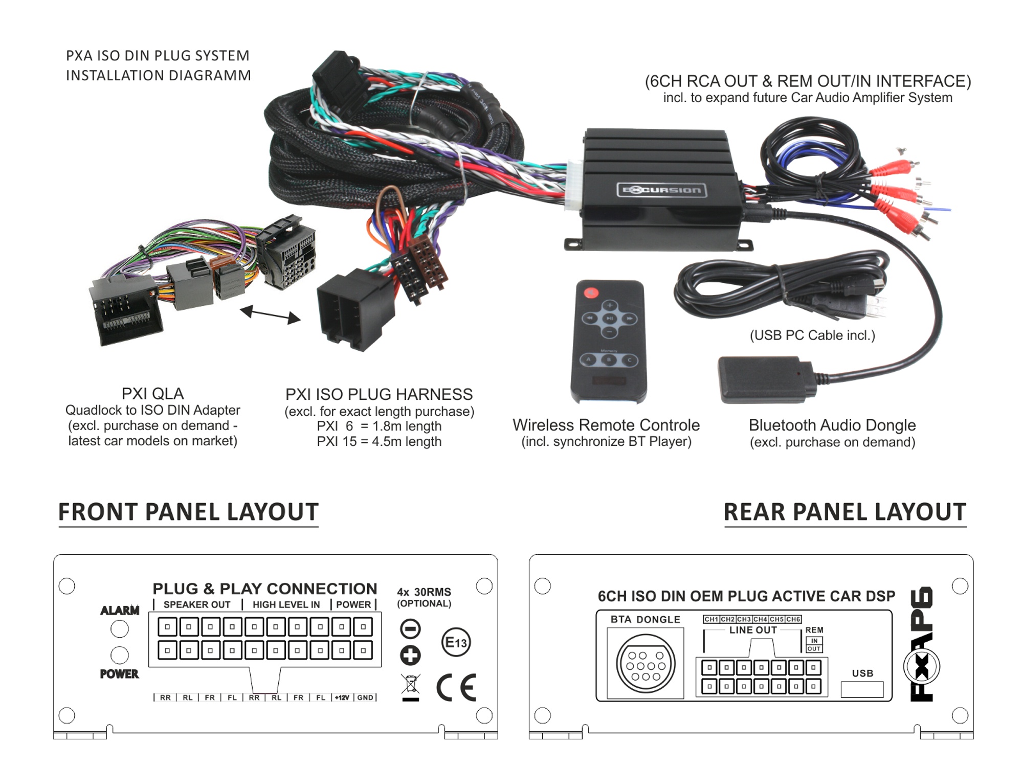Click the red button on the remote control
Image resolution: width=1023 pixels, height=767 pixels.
coord(591,292)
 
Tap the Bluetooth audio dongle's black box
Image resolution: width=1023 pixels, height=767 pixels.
coord(765,379)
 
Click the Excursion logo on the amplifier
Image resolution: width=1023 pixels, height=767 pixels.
coord(661,190)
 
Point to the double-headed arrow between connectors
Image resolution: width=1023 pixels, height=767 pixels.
coord(270,314)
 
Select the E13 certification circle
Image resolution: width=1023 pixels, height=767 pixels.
coord(456,642)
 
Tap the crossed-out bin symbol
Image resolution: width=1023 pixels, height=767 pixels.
coord(410,687)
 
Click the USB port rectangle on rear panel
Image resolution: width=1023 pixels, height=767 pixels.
coord(862,689)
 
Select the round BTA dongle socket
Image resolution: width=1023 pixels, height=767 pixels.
coord(646,664)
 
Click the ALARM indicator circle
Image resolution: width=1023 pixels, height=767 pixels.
coord(120,628)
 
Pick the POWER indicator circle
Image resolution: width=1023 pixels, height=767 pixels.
coord(120,655)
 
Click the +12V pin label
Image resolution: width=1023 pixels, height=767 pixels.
coord(342,697)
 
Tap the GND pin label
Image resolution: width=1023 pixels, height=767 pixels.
coord(365,697)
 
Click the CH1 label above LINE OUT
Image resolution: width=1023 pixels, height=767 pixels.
coord(711,619)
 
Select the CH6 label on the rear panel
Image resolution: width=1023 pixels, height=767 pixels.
coord(793,619)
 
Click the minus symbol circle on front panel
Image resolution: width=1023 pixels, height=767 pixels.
coord(410,628)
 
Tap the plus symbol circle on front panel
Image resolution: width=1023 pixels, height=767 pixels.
coord(410,655)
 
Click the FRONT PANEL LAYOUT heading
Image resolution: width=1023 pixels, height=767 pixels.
coord(188,512)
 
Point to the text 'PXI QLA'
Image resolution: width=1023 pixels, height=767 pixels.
coord(152,394)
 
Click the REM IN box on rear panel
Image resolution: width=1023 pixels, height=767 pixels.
coord(814,641)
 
